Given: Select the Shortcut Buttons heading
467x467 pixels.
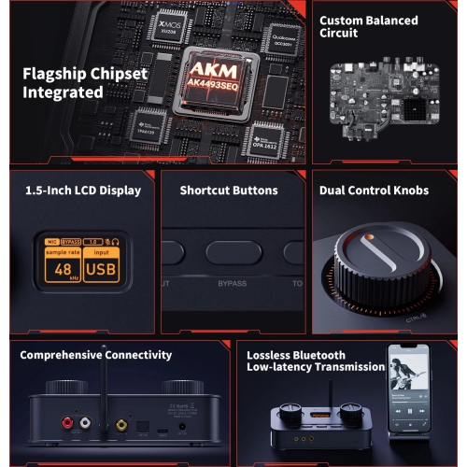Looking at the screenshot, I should [x=228, y=191].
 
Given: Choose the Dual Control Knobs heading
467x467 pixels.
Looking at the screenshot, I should [x=374, y=191].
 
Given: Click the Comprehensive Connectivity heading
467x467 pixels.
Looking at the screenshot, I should [x=96, y=355].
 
